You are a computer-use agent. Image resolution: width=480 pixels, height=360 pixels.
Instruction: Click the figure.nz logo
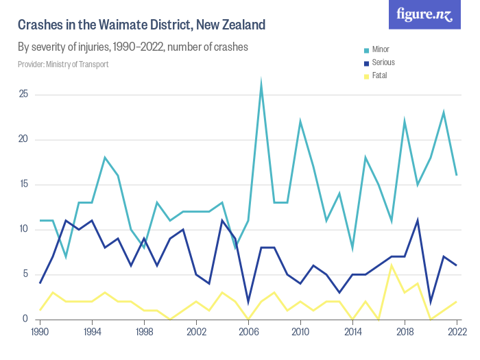pyautogui.click(x=424, y=14)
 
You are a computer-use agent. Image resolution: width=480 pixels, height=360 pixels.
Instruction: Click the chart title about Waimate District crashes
pyautogui.click(x=141, y=25)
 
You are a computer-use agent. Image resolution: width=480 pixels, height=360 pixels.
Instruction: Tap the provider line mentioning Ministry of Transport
pyautogui.click(x=63, y=64)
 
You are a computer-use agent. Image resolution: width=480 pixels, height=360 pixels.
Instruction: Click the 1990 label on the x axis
pyautogui.click(x=40, y=331)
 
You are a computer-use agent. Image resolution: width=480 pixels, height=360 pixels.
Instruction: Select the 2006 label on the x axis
pyautogui.click(x=248, y=331)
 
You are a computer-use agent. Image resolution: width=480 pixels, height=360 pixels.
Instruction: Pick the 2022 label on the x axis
pyautogui.click(x=456, y=331)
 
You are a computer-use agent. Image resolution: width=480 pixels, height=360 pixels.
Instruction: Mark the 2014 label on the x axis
pyautogui.click(x=352, y=331)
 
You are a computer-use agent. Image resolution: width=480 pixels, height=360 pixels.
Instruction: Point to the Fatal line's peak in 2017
pyautogui.click(x=392, y=265)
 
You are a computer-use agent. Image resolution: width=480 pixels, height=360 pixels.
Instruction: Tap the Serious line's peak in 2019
pyautogui.click(x=418, y=220)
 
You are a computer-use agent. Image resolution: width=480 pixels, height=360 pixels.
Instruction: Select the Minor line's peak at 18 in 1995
pyautogui.click(x=105, y=158)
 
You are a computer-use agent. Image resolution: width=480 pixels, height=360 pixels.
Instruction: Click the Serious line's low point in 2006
pyautogui.click(x=248, y=301)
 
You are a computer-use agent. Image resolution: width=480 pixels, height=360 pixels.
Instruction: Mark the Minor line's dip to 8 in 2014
pyautogui.click(x=352, y=248)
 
